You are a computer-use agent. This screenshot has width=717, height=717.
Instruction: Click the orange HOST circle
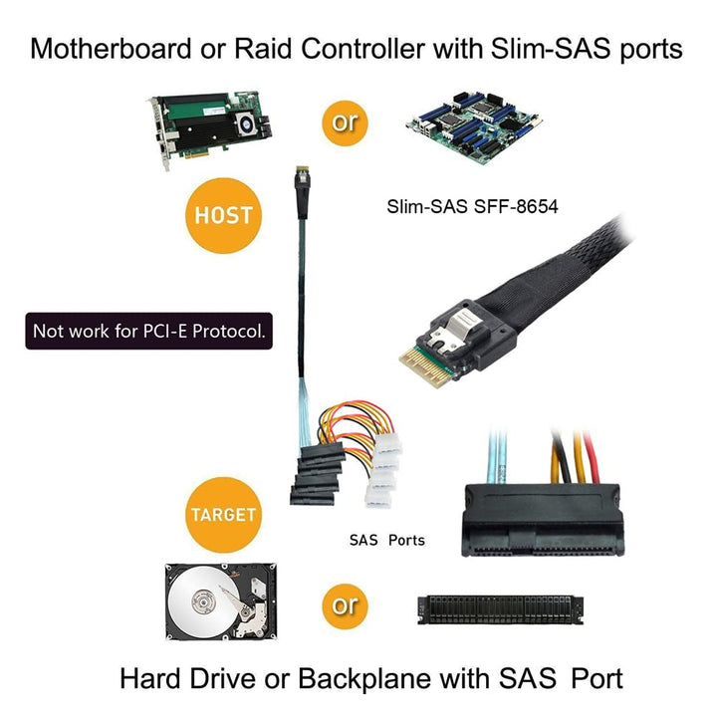coord(224,215)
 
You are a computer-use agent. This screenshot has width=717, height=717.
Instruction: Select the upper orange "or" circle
coord(344,122)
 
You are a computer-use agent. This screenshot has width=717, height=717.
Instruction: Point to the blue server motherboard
coord(477,123)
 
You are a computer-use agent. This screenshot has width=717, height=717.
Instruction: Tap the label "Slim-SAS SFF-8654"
coord(473,208)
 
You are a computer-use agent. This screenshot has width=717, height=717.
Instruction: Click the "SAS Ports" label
coord(386,541)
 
